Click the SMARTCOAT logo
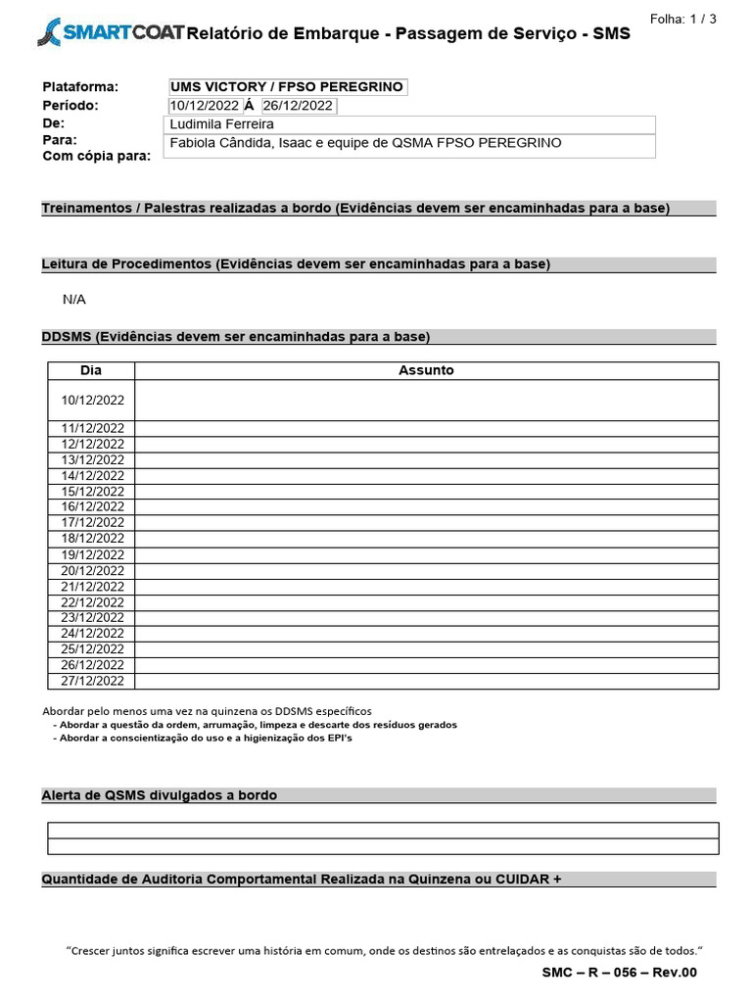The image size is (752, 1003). coord(108,33)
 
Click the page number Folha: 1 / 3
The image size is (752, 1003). coord(683,19)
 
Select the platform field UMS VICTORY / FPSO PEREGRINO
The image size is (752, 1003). coord(287,87)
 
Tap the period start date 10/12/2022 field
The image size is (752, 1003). coord(204,106)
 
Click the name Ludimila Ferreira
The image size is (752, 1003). coord(222,124)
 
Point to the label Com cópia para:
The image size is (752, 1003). coord(97,156)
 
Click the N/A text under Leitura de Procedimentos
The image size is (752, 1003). coord(74,300)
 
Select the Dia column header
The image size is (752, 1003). coord(91,370)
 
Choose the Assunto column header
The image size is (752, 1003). coord(426,370)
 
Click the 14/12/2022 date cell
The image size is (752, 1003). coord(92,475)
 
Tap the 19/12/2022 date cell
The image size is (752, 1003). coord(92,554)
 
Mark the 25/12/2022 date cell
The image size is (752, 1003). coord(92,648)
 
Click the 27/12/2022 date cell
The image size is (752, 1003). coord(92,681)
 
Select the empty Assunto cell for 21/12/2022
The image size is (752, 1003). coord(426,586)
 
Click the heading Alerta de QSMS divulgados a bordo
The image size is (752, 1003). coord(160,795)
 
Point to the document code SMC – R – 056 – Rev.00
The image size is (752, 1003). coord(619,973)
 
